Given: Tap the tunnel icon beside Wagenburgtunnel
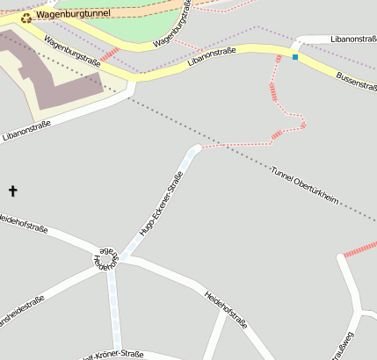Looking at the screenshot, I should [26, 17].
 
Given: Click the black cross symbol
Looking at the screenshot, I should [12, 191].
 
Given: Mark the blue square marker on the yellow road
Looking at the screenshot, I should [295, 57].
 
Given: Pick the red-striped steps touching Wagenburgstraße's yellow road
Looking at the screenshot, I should [109, 55].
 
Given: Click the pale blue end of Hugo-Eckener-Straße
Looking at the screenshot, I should [193, 152].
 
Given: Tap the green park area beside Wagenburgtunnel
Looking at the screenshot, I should [141, 21].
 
